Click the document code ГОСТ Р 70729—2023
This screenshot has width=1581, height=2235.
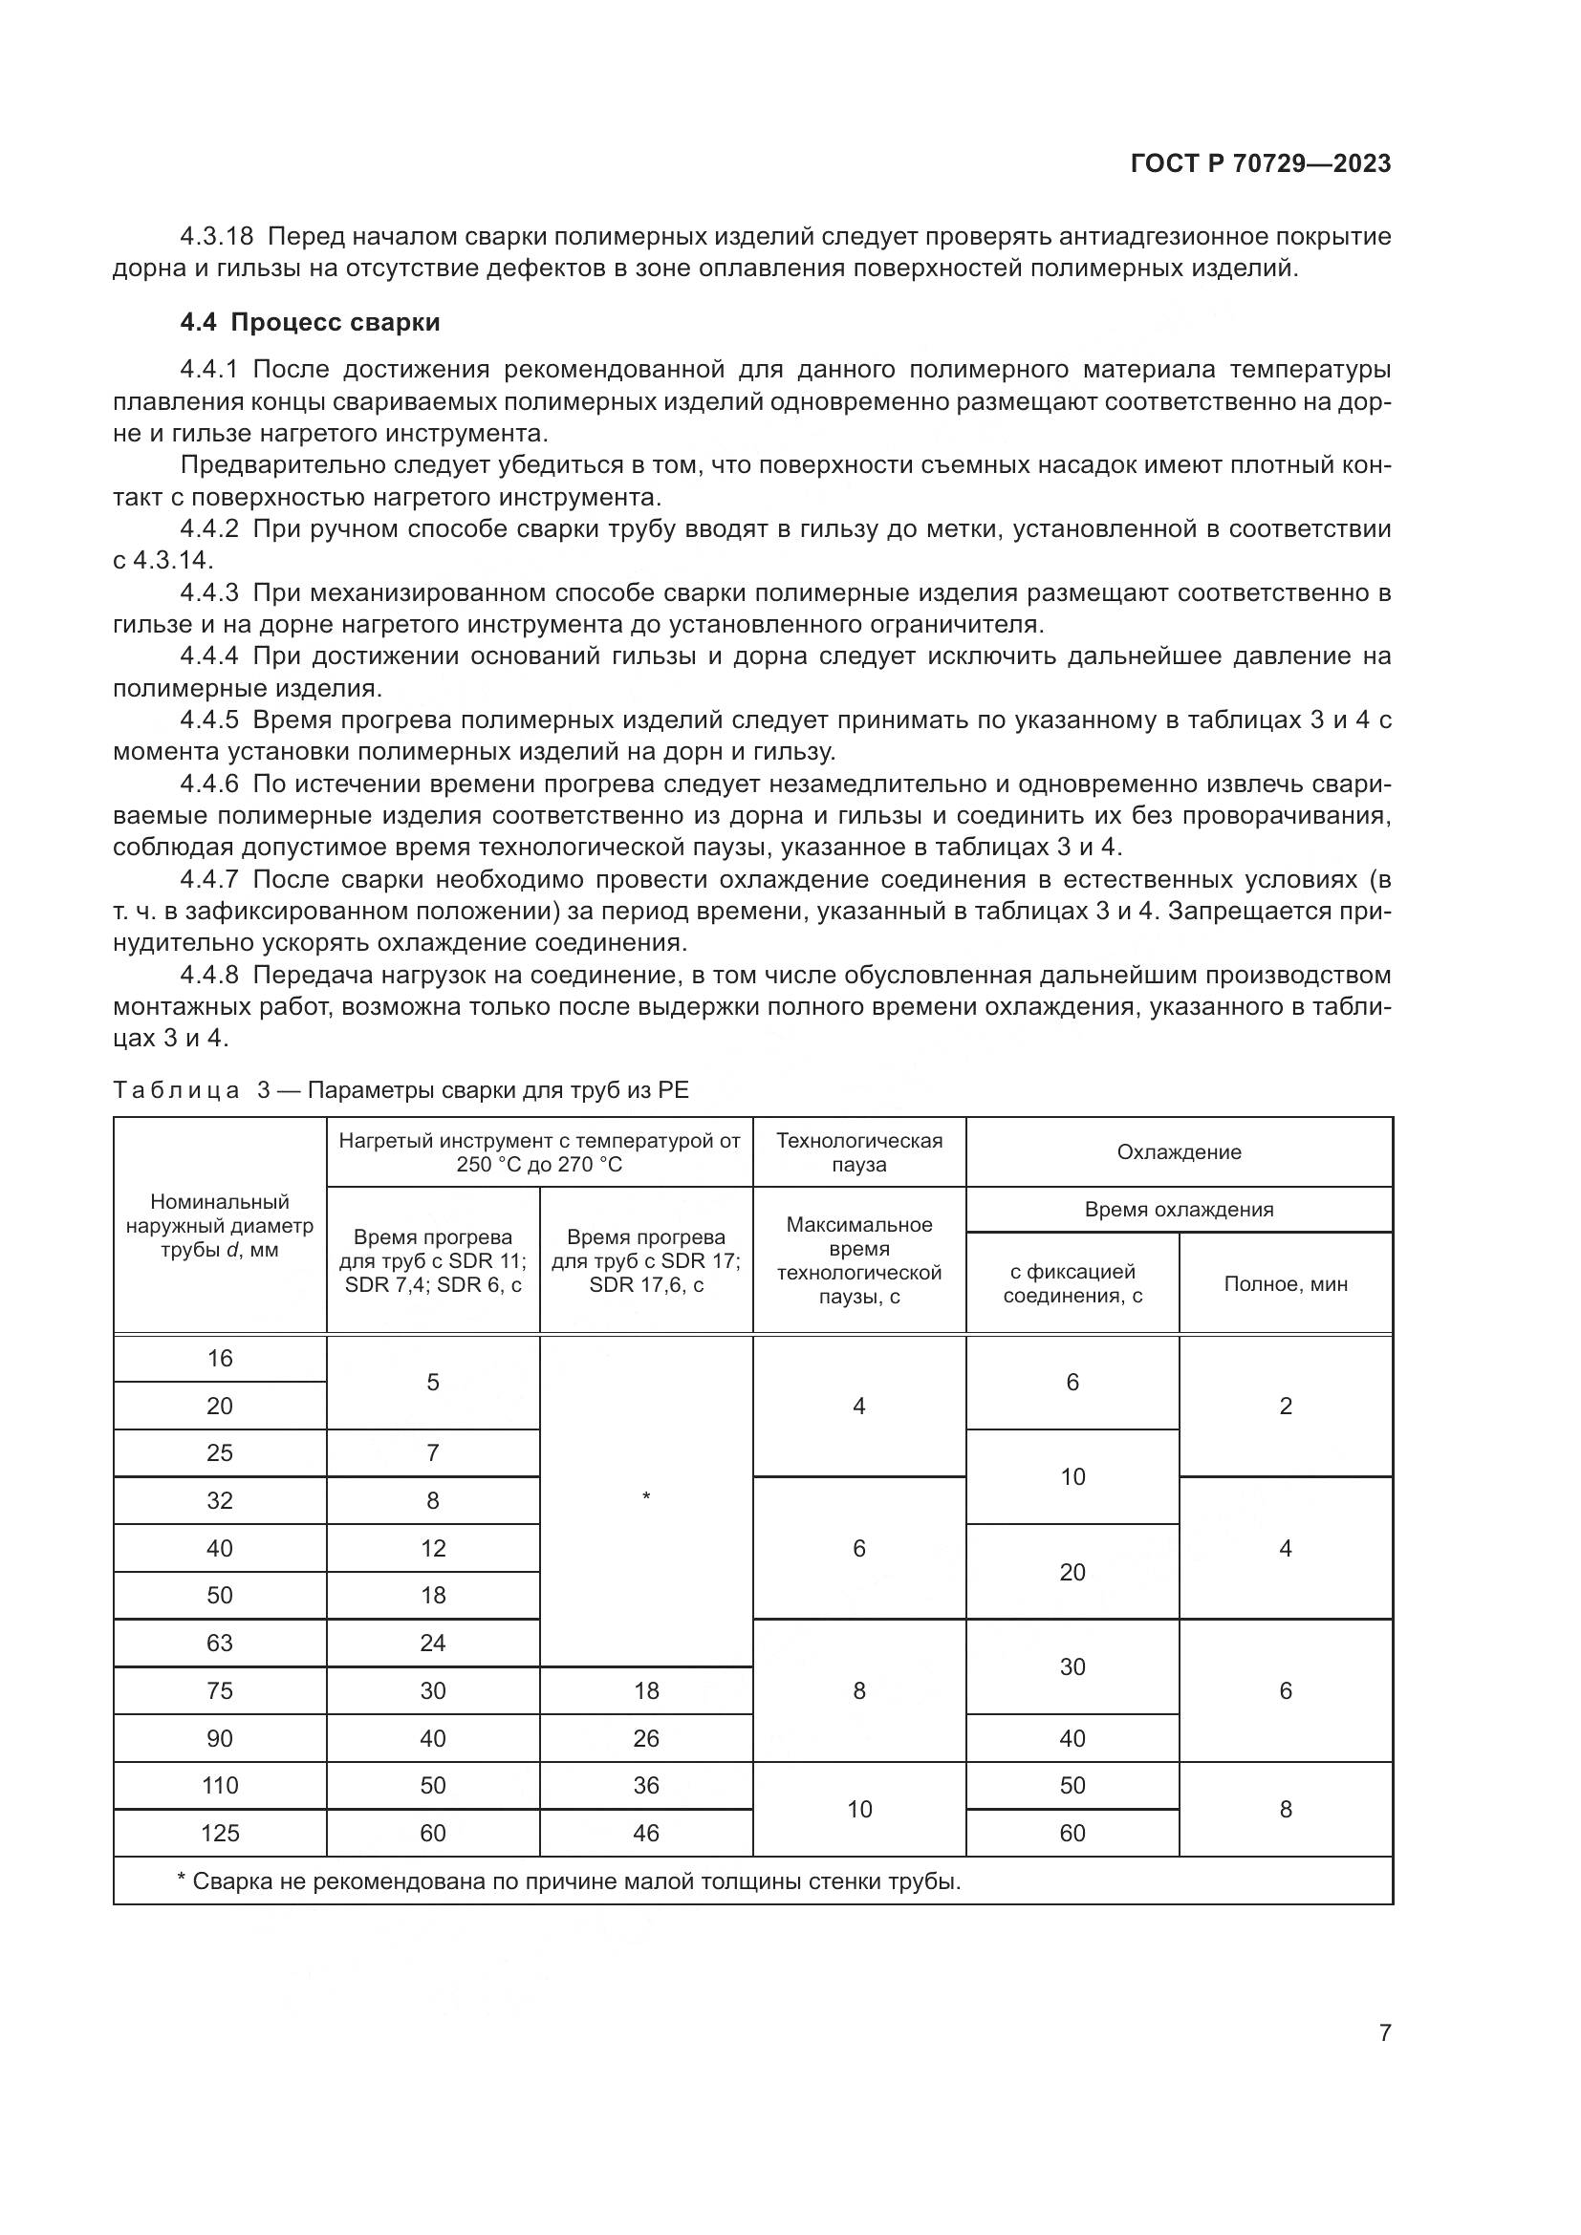[x=1260, y=163]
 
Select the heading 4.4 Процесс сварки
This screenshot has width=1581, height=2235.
[x=310, y=322]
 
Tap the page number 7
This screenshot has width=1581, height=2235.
[x=1384, y=2032]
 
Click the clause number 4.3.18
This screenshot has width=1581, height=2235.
[x=216, y=237]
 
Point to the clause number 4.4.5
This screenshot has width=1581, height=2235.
[x=209, y=720]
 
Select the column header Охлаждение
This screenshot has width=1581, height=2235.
[x=1178, y=1151]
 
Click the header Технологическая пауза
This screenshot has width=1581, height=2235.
[x=858, y=1151]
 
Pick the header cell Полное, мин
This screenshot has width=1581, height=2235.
[x=1285, y=1283]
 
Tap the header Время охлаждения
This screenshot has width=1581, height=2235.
[x=1178, y=1209]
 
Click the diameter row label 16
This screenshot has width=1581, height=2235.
[x=220, y=1358]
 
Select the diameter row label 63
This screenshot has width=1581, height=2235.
[x=220, y=1643]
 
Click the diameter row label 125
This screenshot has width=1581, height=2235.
[x=220, y=1833]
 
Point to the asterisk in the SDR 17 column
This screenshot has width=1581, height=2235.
[x=646, y=1496]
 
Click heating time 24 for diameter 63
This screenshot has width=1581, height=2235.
[x=432, y=1643]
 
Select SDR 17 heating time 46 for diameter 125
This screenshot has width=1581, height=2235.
[x=646, y=1833]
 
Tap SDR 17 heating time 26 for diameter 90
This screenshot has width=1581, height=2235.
[x=646, y=1737]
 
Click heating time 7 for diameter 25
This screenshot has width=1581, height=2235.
[x=432, y=1452]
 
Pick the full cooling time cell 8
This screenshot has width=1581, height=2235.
[x=1285, y=1809]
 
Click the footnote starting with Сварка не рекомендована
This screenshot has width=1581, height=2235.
[x=569, y=1880]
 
